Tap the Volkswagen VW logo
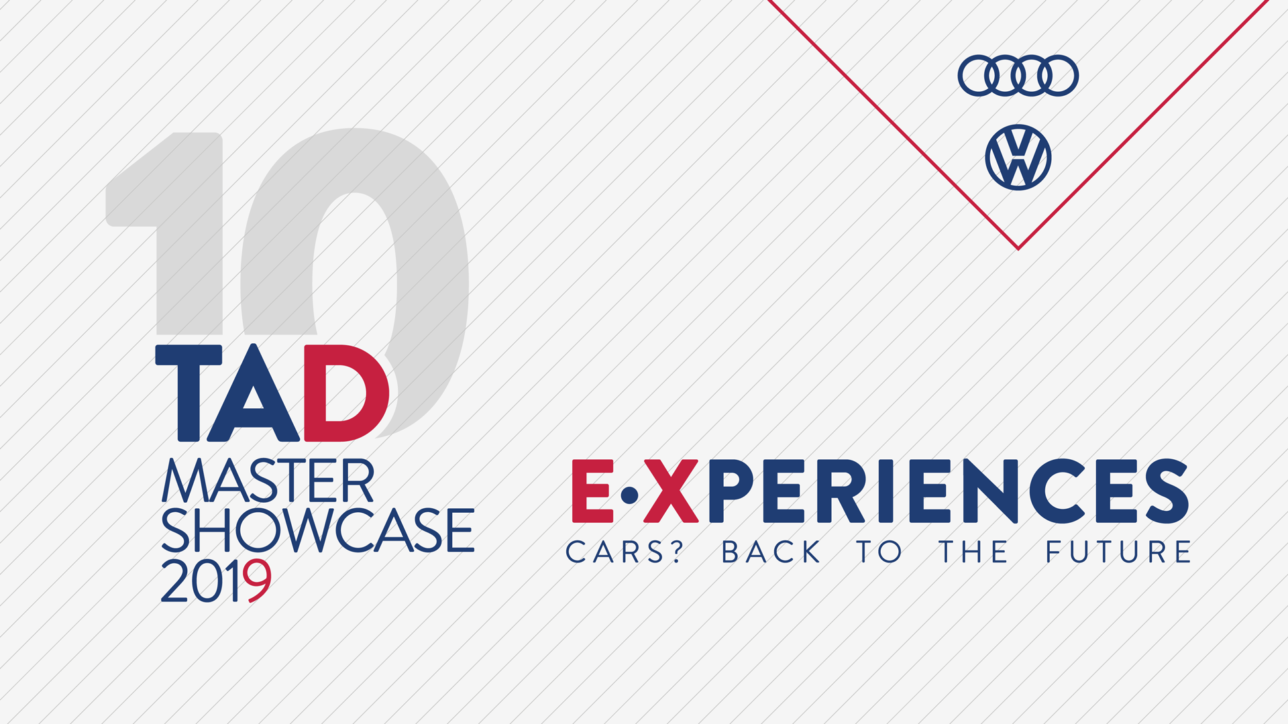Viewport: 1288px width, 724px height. click(1018, 158)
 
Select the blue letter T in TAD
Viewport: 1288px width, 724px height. click(189, 394)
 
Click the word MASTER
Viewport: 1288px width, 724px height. click(268, 481)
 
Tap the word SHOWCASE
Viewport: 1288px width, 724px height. click(318, 530)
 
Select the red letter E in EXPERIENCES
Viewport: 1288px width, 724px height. click(592, 491)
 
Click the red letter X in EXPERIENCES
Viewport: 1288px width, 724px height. click(671, 491)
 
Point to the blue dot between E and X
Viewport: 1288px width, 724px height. click(629, 495)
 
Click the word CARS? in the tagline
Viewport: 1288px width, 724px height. click(624, 552)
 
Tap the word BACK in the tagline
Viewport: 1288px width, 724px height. click(771, 552)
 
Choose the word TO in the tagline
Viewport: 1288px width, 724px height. click(879, 552)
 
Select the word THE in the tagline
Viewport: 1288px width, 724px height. click(973, 552)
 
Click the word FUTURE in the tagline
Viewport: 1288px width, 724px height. click(1118, 552)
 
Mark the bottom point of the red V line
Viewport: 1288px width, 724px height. click(1018, 249)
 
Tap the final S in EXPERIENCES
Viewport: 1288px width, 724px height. click(1167, 491)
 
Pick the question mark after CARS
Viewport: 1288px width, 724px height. click(675, 551)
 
